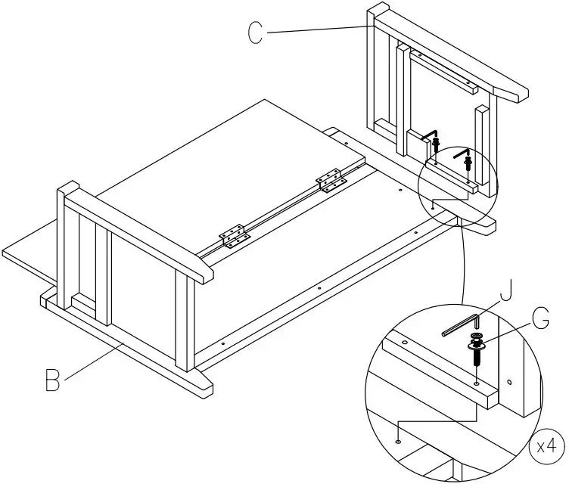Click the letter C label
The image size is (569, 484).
(256, 31)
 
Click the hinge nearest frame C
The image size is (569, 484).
(331, 182)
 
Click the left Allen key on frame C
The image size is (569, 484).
(430, 135)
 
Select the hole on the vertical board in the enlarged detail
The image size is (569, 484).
(510, 381)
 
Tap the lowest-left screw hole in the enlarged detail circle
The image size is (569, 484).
(399, 441)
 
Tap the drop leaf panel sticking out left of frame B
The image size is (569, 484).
(30, 253)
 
